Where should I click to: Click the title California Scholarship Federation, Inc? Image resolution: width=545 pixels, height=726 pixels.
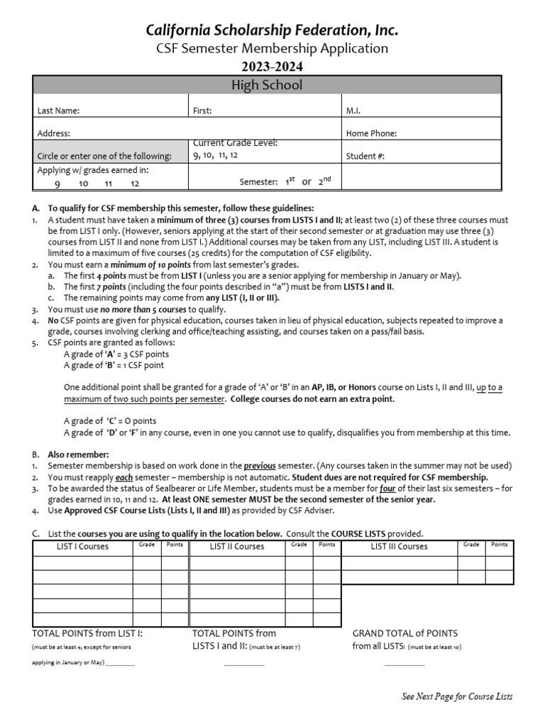click(x=272, y=30)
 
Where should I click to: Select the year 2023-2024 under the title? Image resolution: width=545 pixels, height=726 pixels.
click(x=272, y=67)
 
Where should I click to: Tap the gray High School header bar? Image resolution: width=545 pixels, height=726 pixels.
click(x=267, y=85)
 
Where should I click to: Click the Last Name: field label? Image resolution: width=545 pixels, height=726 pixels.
click(x=58, y=111)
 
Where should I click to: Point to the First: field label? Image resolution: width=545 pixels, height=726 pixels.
click(x=202, y=111)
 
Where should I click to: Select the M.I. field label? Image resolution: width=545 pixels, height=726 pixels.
click(x=354, y=111)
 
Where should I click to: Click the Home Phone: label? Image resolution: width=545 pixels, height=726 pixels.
click(x=371, y=133)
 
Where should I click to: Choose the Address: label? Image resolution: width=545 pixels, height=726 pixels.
click(x=54, y=133)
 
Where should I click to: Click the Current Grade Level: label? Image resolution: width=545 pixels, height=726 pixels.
click(x=235, y=143)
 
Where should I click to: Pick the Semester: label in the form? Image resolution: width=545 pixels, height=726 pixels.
click(x=258, y=182)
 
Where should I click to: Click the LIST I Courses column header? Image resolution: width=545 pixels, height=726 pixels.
click(x=83, y=547)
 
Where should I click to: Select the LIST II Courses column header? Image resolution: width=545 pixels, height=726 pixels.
click(x=237, y=547)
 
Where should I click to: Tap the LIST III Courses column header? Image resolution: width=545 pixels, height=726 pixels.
click(x=399, y=547)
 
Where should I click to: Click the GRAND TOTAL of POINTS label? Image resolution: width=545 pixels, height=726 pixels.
click(x=405, y=633)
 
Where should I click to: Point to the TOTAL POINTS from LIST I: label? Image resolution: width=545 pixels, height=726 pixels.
click(x=88, y=633)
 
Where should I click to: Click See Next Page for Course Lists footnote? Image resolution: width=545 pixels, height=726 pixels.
click(x=457, y=696)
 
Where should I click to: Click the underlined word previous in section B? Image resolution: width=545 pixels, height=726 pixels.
click(x=260, y=466)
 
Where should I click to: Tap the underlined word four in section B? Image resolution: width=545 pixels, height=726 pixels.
click(x=387, y=488)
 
